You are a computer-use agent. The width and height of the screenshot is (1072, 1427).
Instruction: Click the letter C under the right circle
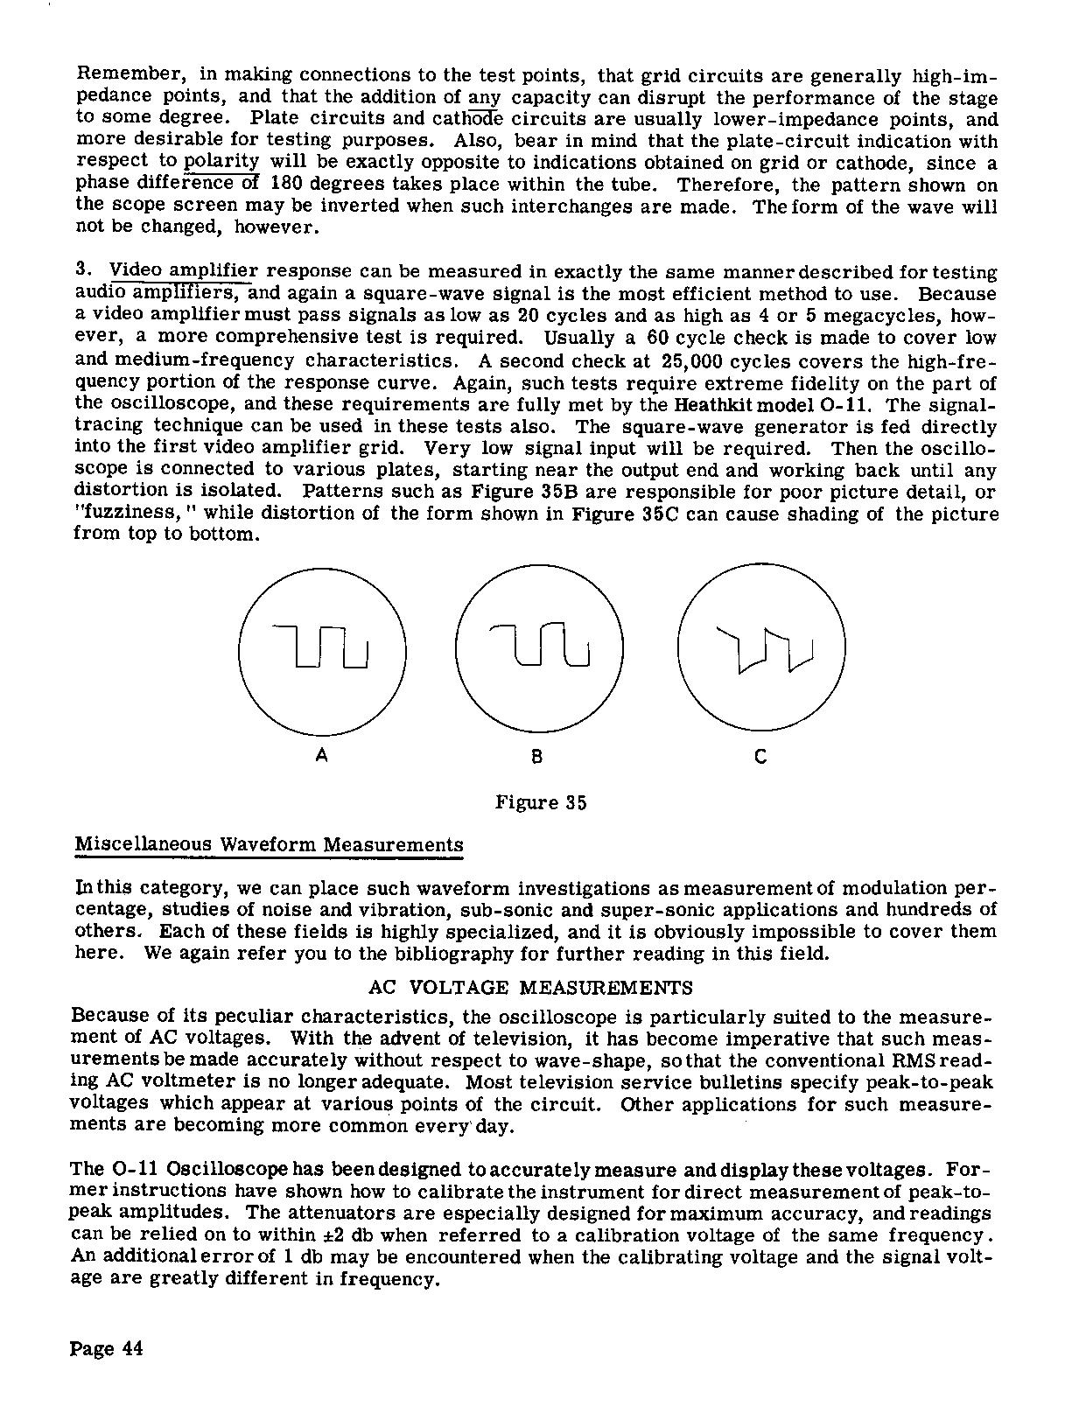(x=760, y=757)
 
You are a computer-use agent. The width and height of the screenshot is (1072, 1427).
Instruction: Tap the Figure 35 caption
(x=541, y=802)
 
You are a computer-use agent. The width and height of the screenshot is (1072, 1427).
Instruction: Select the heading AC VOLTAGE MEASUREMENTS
(x=530, y=989)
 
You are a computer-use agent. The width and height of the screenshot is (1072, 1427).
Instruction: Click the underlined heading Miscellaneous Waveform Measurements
(x=269, y=845)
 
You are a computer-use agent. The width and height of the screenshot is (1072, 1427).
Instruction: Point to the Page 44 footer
(x=106, y=1348)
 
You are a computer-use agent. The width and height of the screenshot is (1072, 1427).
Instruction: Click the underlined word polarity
(x=222, y=162)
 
